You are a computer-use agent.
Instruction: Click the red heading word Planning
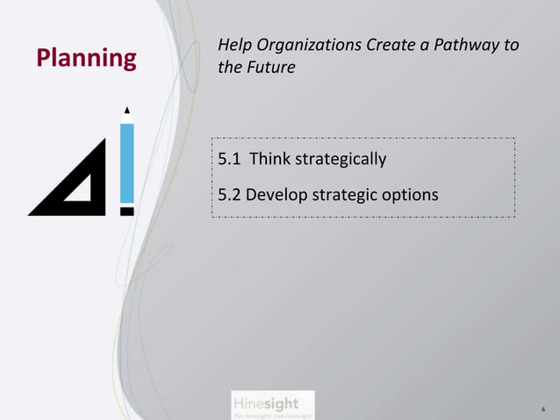coord(86,58)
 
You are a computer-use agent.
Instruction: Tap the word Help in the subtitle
coord(234,45)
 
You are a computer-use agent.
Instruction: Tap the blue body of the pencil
coord(127,163)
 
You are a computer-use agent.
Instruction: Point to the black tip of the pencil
coord(127,111)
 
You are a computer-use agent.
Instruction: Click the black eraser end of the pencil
coord(127,211)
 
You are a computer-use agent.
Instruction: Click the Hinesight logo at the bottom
coord(265,404)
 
